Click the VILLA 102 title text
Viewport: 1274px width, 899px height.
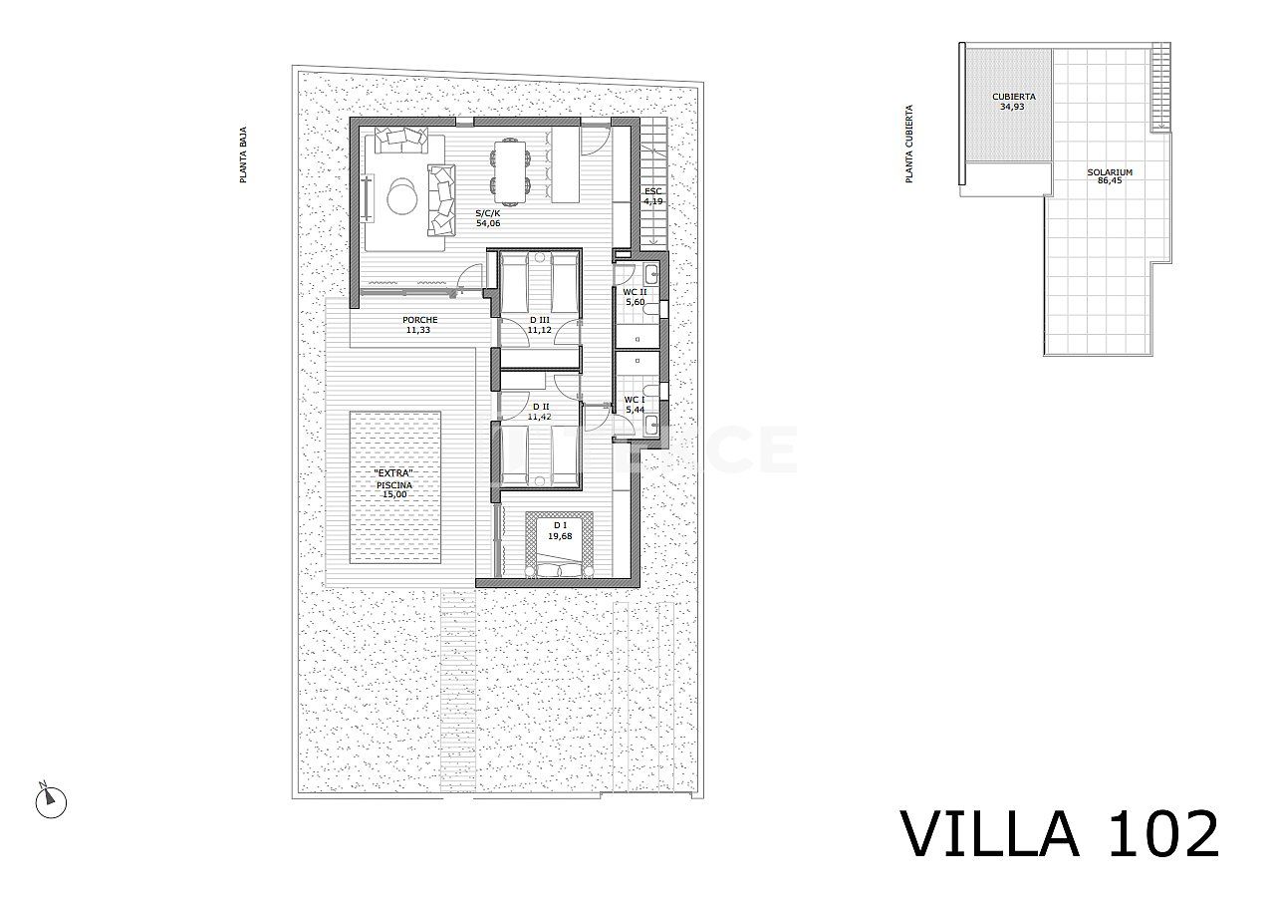[x=1060, y=833]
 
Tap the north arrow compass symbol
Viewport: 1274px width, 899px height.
[x=49, y=799]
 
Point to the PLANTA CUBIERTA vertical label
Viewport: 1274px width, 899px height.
[x=908, y=145]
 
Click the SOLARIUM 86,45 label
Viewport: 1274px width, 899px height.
[x=1109, y=176]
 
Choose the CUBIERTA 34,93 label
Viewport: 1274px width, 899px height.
[x=1013, y=101]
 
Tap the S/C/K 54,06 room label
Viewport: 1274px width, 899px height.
[x=487, y=217]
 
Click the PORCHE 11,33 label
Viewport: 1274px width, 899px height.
[x=420, y=325]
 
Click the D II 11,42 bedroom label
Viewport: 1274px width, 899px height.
[x=541, y=411]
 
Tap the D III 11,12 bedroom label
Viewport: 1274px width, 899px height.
[x=539, y=324]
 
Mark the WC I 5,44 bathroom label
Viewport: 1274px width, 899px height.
[x=635, y=404]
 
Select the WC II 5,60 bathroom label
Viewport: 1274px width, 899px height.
[x=636, y=296]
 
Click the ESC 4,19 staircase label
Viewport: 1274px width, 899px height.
[x=652, y=195]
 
